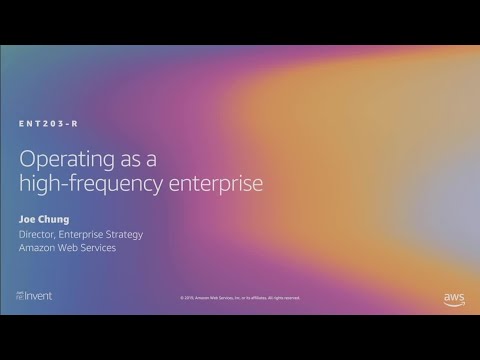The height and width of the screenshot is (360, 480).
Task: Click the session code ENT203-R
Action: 48,123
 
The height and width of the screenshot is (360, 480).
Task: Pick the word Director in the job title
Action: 39,234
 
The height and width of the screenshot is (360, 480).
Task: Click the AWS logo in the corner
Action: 454,298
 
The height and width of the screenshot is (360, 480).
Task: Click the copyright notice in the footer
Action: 240,298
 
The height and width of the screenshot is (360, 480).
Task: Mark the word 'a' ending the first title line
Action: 151,159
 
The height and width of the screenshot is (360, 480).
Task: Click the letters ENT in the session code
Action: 28,123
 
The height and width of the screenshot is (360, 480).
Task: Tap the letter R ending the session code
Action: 75,123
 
